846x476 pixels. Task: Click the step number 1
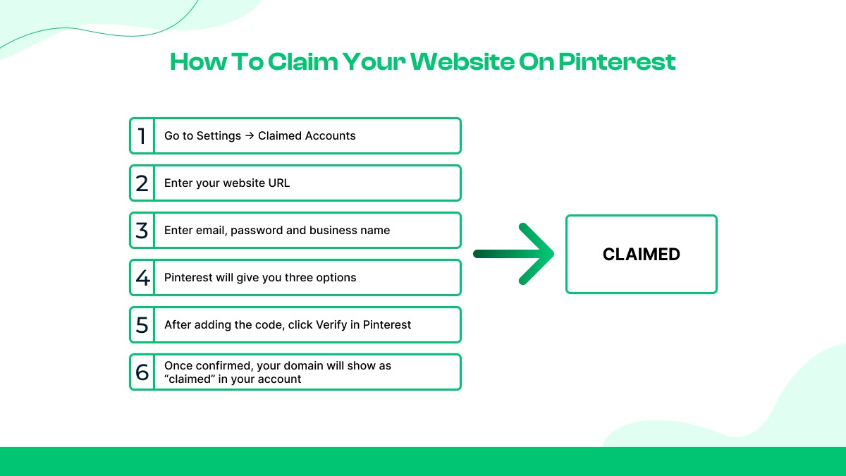coord(142,135)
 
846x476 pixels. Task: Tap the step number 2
coord(142,183)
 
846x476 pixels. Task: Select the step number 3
coord(142,231)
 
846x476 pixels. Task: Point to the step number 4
coord(142,278)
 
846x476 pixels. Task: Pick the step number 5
coord(142,325)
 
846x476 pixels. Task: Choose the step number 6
coord(142,372)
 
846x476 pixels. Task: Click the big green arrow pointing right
coord(514,254)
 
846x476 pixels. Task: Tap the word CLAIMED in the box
coord(641,255)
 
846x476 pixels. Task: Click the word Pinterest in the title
coord(617,62)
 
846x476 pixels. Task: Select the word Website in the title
coord(462,62)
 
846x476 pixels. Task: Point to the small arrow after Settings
coord(250,136)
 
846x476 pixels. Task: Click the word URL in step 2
coord(278,183)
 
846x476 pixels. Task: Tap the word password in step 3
coord(257,231)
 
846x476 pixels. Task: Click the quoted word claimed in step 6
coord(189,379)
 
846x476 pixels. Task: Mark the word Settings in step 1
coord(219,136)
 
